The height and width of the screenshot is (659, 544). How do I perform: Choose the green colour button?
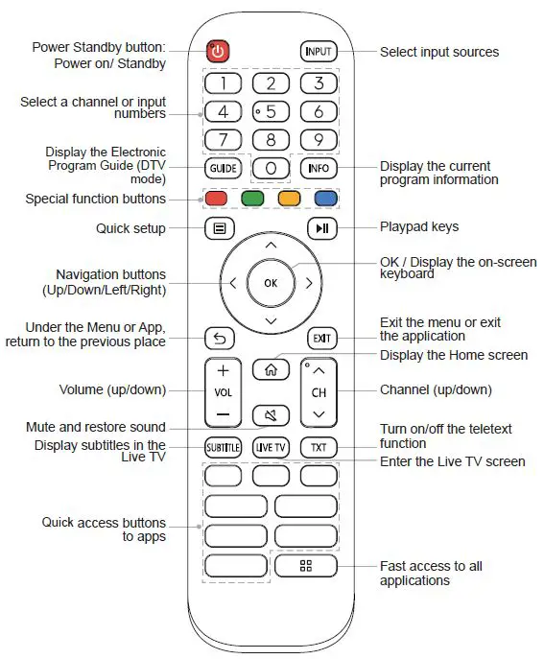(252, 200)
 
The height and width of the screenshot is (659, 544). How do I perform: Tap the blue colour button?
(325, 200)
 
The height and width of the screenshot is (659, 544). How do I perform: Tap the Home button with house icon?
(270, 368)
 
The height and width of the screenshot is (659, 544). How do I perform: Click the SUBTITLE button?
(222, 448)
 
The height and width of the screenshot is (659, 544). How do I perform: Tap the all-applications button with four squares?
(306, 565)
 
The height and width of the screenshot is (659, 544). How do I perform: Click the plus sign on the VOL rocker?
(223, 370)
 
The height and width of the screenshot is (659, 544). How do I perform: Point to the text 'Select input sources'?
(438, 52)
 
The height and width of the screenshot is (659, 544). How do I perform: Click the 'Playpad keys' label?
(419, 227)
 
